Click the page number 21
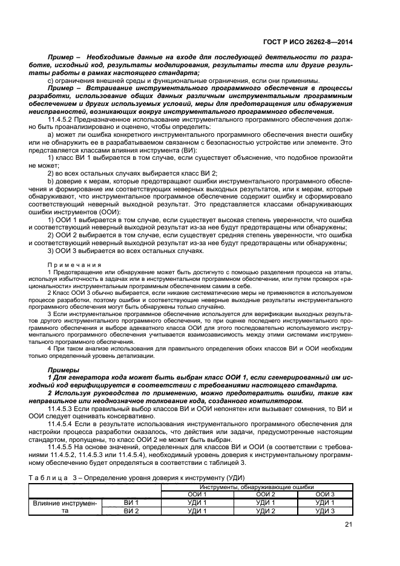coord(348,524)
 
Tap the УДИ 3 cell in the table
coord(325,511)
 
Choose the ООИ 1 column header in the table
coord(197,494)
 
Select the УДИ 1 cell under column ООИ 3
coord(325,502)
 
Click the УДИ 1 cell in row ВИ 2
coord(197,511)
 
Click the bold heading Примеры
coord(62,368)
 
